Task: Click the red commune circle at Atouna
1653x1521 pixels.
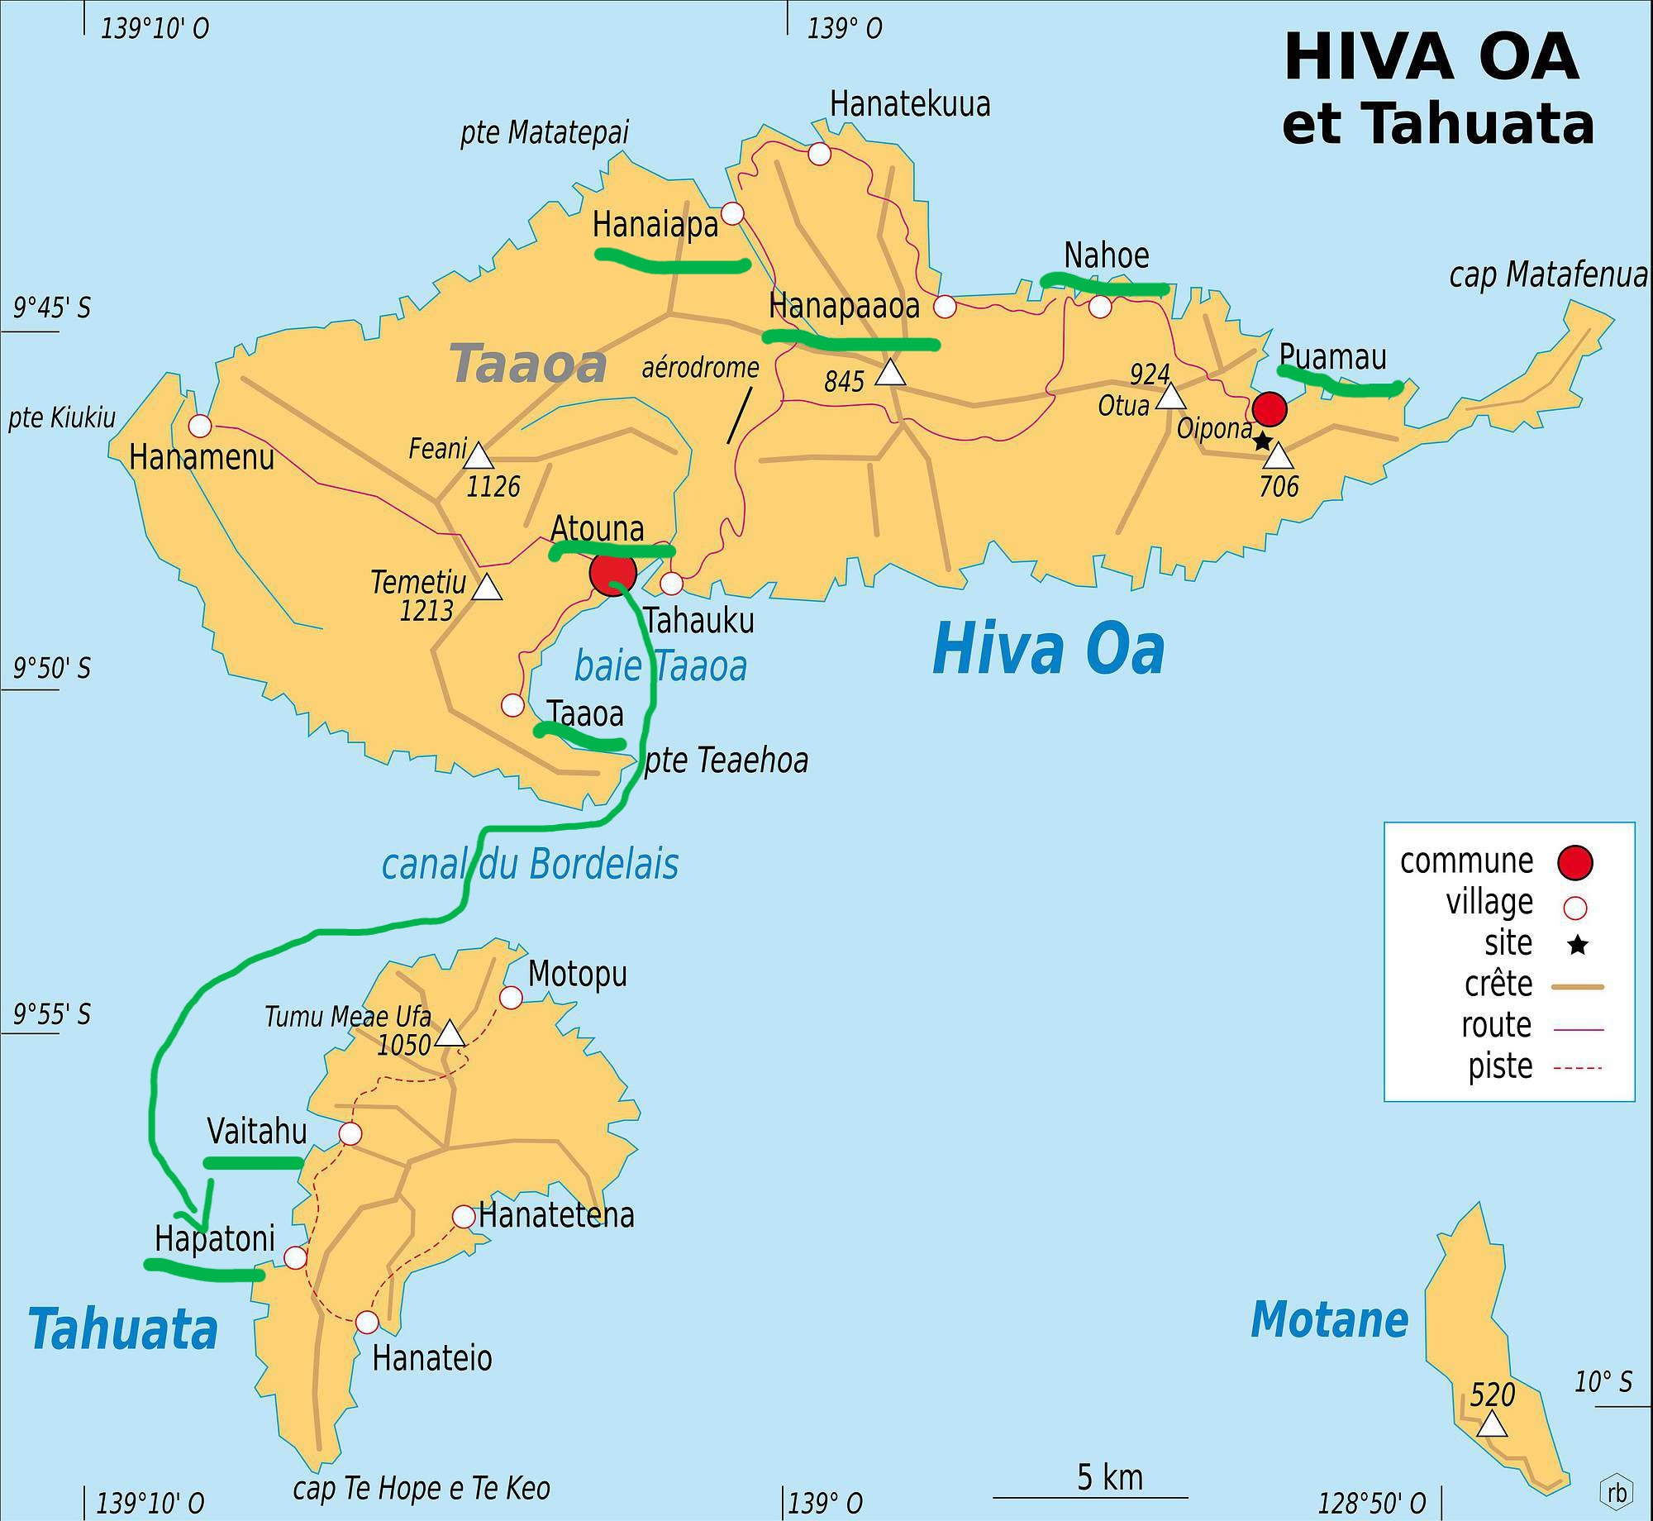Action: click(612, 572)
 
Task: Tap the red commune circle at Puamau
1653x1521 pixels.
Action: click(1270, 408)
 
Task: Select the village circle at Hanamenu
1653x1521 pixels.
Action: click(200, 426)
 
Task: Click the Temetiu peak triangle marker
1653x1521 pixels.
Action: click(487, 589)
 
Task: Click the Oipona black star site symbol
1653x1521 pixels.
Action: click(1262, 441)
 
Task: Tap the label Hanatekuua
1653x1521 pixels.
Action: click(909, 105)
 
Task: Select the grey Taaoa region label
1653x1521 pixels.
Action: click(528, 365)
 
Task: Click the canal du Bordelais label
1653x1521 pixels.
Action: click(530, 865)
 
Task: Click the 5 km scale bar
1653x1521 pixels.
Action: click(1090, 1496)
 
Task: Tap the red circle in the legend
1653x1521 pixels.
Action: click(1574, 862)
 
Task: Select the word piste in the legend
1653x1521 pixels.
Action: click(1499, 1066)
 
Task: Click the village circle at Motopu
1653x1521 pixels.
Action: click(511, 998)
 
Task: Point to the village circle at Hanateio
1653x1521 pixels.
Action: click(367, 1323)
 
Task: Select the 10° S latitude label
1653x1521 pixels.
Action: click(1603, 1381)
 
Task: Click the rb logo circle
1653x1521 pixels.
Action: click(1617, 1492)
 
